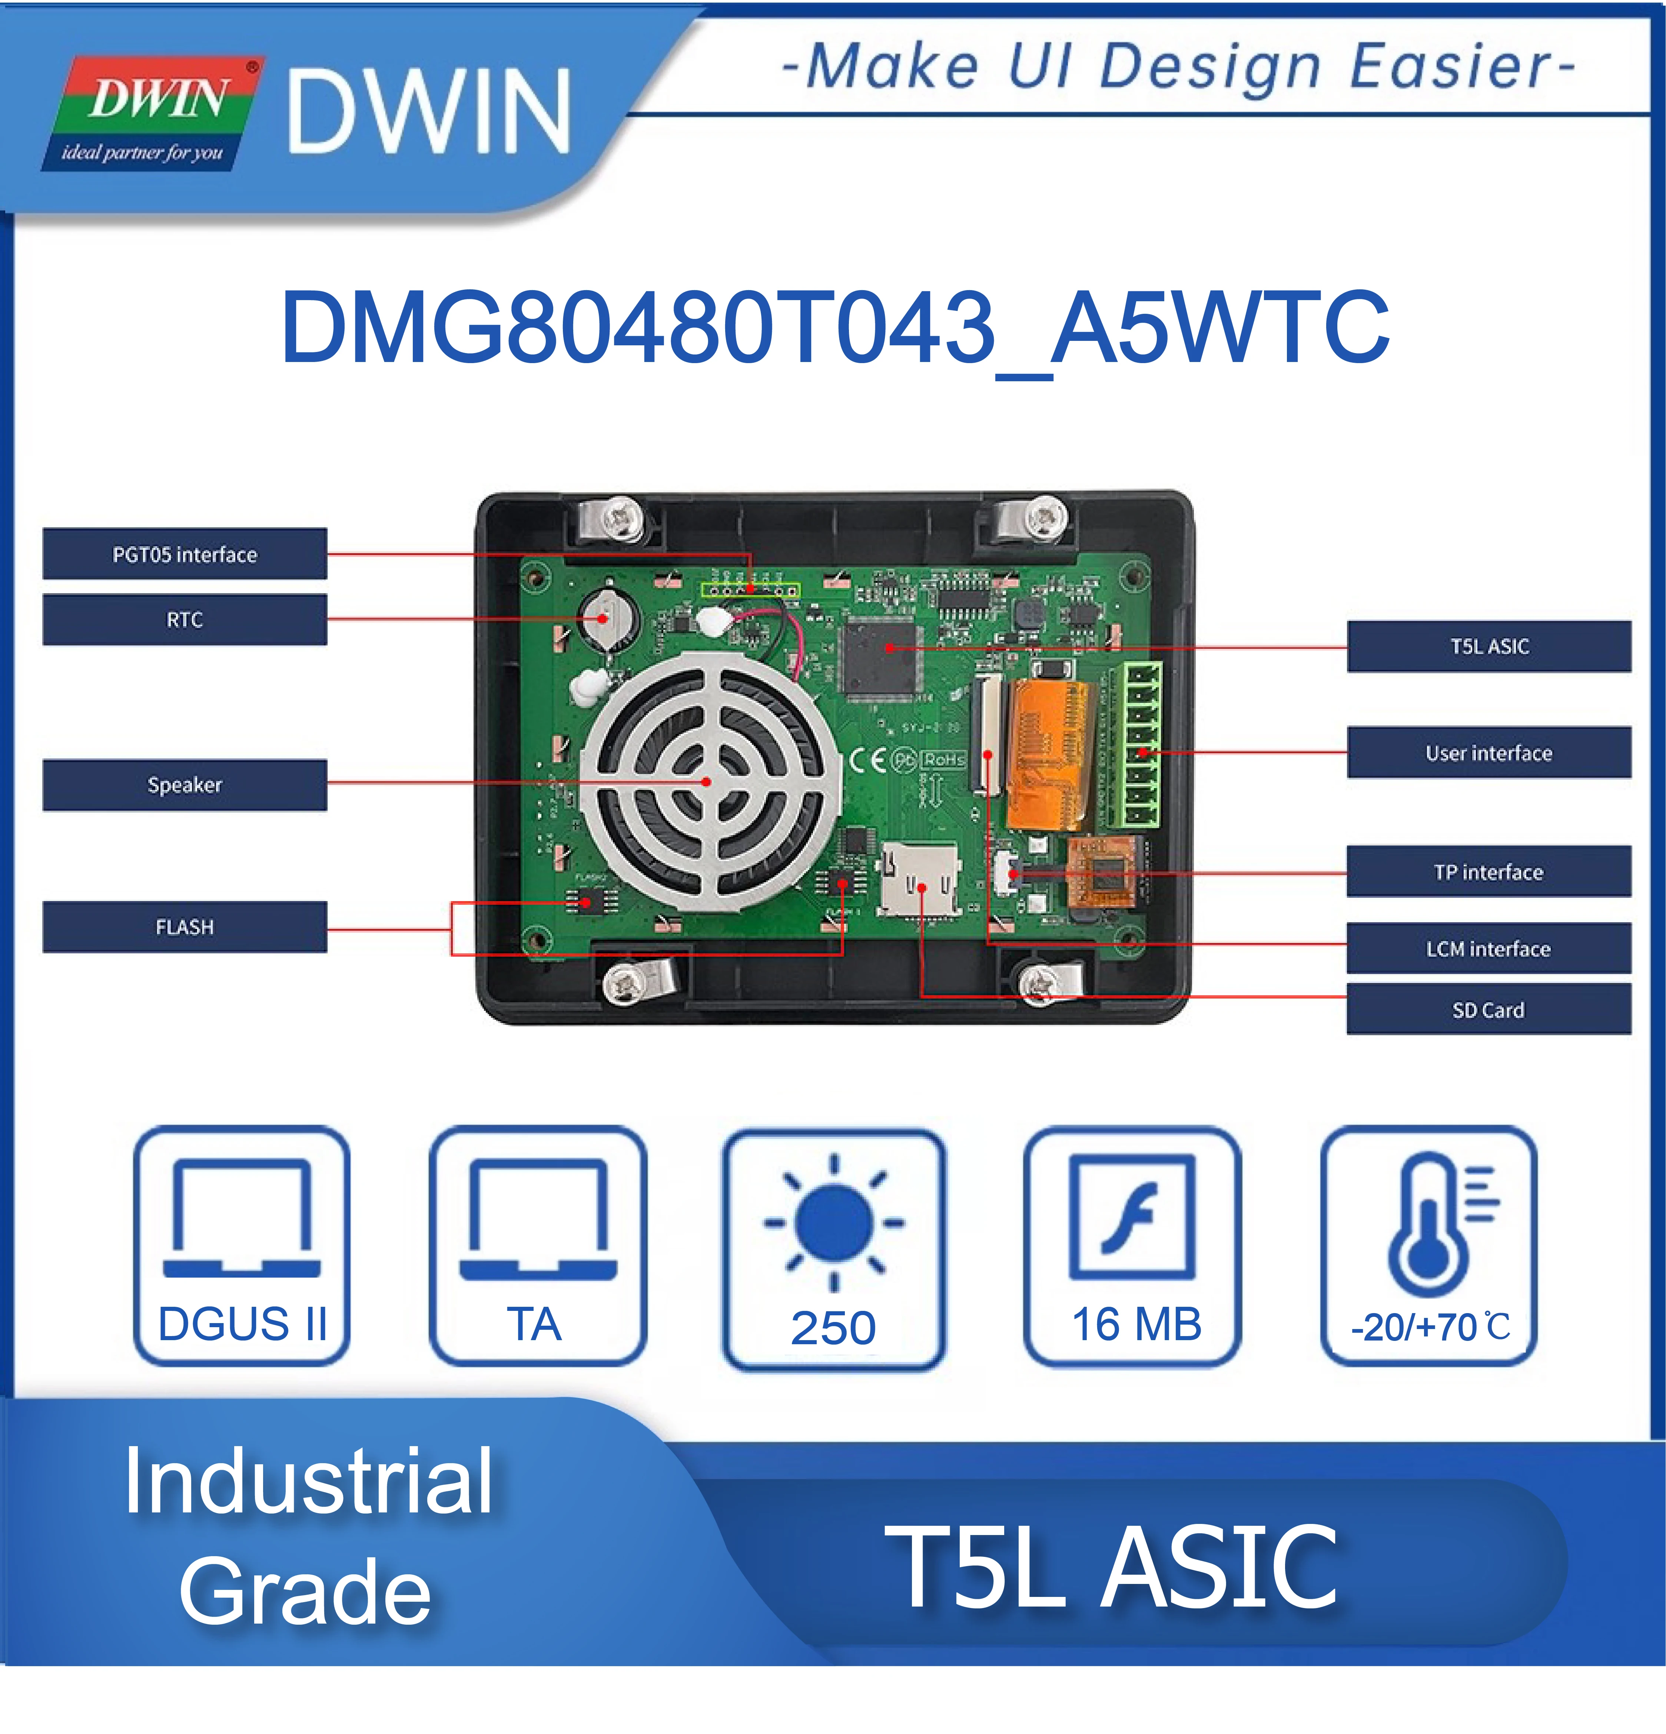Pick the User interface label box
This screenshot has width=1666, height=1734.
(1488, 753)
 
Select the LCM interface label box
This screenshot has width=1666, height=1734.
(1488, 949)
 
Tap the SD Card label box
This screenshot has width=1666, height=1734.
(1488, 1009)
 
